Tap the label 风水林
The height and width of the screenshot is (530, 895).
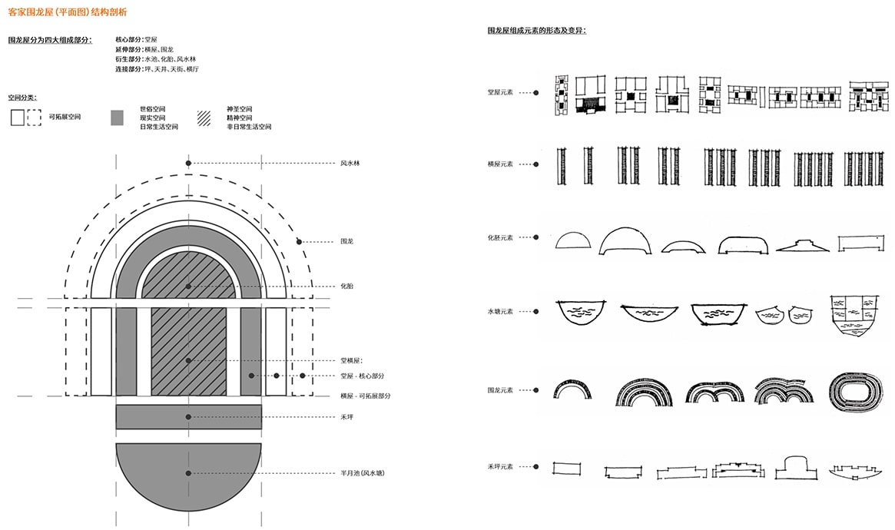pyautogui.click(x=350, y=163)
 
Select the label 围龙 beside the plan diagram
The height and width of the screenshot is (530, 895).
pyautogui.click(x=346, y=241)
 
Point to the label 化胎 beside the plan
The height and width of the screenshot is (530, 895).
pyautogui.click(x=346, y=286)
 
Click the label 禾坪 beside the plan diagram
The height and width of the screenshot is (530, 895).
pyautogui.click(x=346, y=416)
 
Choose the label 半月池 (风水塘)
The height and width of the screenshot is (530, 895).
pyautogui.click(x=363, y=473)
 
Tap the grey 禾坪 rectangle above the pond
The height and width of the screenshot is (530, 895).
pyautogui.click(x=188, y=416)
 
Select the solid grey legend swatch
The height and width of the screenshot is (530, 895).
pyautogui.click(x=117, y=118)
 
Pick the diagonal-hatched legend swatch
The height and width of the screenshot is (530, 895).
pyautogui.click(x=204, y=118)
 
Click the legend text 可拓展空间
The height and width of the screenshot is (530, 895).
pyautogui.click(x=65, y=118)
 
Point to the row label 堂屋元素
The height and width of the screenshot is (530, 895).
pyautogui.click(x=501, y=92)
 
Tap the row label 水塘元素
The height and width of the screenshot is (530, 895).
pyautogui.click(x=501, y=311)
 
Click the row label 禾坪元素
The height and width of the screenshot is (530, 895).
pyautogui.click(x=501, y=466)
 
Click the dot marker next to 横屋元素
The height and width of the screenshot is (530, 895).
pyautogui.click(x=536, y=164)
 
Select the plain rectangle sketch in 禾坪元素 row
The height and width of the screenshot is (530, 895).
pyautogui.click(x=566, y=469)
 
